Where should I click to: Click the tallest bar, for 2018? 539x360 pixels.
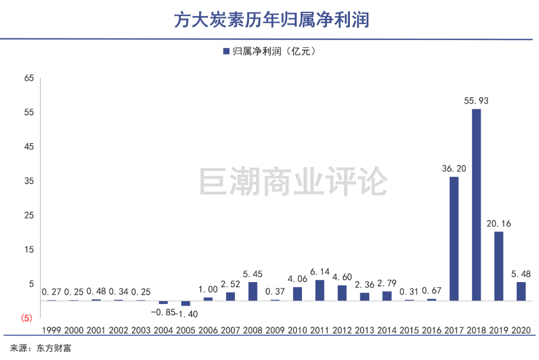pos(476,205)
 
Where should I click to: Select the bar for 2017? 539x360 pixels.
pos(454,239)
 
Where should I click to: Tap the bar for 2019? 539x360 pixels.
pos(499,266)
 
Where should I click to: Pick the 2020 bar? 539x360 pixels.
pos(521,291)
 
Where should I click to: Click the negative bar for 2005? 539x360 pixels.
pos(186,303)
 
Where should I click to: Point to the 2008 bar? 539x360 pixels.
pos(253,291)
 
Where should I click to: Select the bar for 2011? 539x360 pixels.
pos(320,290)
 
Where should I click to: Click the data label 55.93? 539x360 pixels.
pos(476,101)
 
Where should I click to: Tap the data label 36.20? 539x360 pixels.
pos(454,168)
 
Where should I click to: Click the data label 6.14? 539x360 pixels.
pos(320,272)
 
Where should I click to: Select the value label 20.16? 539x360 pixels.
pos(499,223)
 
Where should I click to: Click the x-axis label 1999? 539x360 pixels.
pos(51,331)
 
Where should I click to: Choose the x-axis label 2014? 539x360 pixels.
pos(387,331)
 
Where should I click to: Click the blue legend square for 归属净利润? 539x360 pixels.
pos(226,51)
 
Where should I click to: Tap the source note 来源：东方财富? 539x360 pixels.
pos(41,348)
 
